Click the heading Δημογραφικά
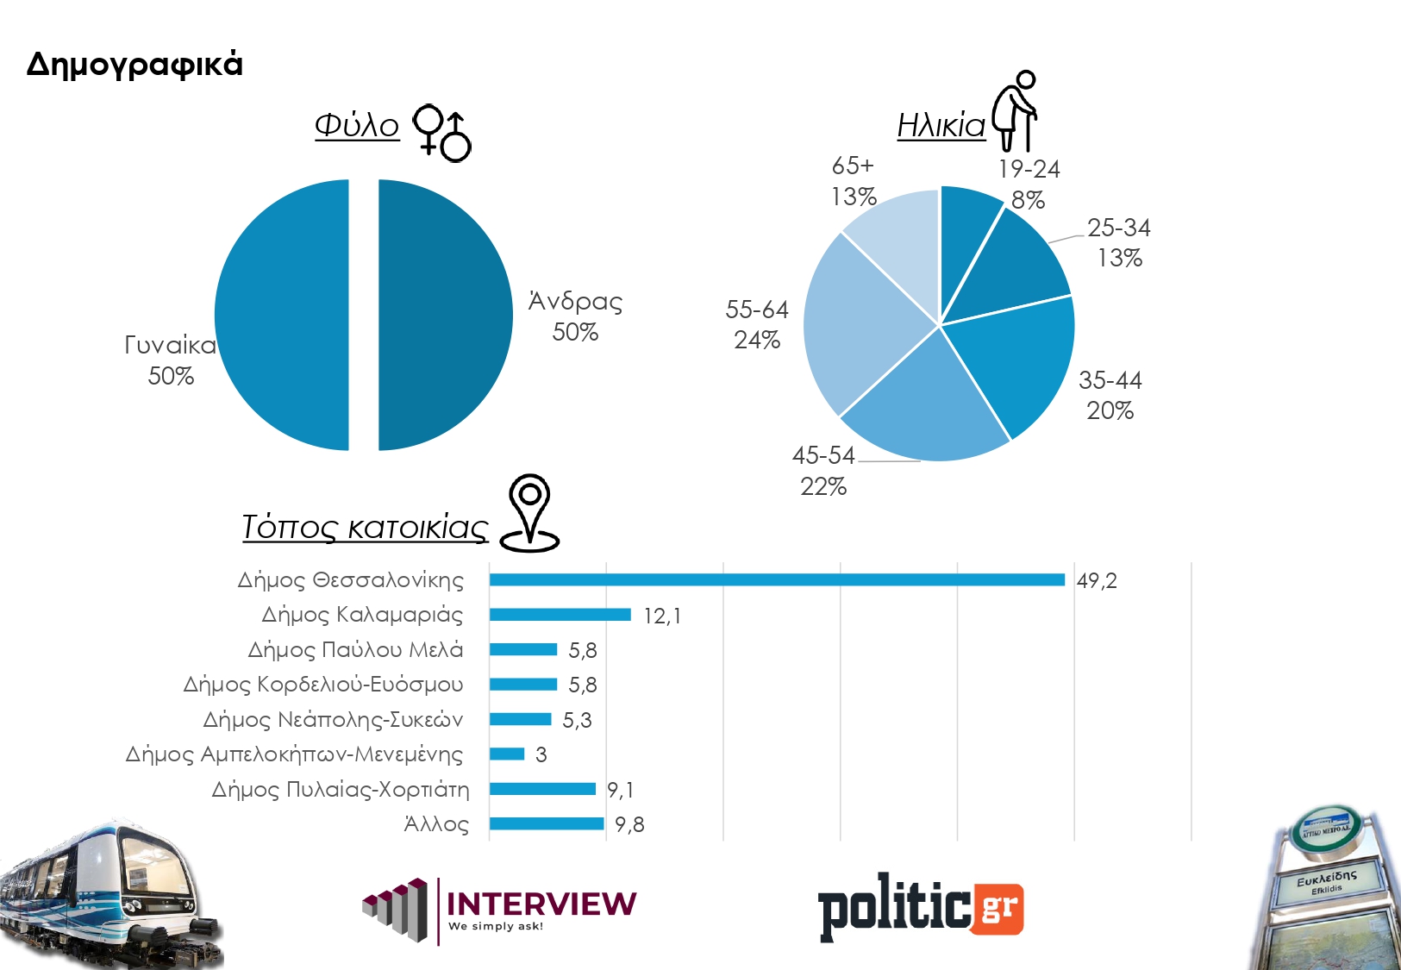click(x=134, y=65)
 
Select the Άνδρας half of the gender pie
click(x=444, y=315)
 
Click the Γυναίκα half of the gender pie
click(x=282, y=315)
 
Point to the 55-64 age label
click(x=757, y=324)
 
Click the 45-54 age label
click(x=823, y=471)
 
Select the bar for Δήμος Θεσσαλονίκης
click(x=776, y=579)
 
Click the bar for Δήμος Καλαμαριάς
click(x=560, y=615)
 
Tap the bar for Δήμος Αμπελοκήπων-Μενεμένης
click(x=507, y=754)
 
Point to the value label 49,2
click(x=1097, y=580)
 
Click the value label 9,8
click(x=629, y=825)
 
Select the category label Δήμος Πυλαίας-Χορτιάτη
click(x=341, y=790)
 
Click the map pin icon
click(x=529, y=513)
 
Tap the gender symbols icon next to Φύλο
click(x=442, y=134)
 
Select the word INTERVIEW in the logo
click(x=541, y=903)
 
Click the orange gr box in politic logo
click(x=998, y=908)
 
